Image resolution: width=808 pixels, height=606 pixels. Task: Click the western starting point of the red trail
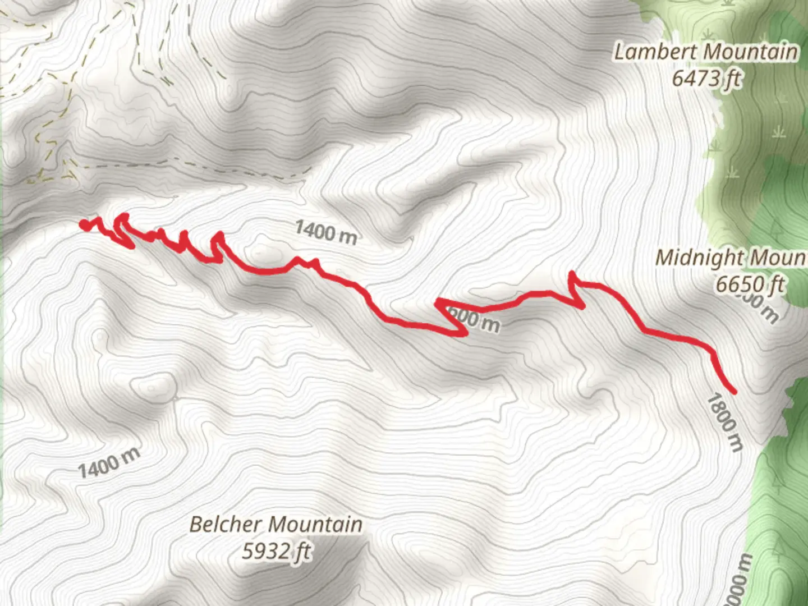click(84, 225)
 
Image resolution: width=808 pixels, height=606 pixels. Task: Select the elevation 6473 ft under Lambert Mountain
click(706, 79)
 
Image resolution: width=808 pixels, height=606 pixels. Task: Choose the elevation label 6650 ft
click(750, 284)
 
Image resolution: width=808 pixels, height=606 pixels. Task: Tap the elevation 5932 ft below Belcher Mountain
click(276, 552)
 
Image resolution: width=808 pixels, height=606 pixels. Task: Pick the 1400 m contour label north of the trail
click(325, 232)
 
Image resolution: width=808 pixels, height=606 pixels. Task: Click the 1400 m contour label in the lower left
click(108, 463)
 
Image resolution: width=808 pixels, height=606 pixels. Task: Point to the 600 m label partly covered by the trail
click(474, 320)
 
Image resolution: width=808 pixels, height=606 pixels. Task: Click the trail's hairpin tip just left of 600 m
click(437, 302)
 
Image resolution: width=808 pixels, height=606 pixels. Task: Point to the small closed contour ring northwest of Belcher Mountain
click(151, 387)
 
